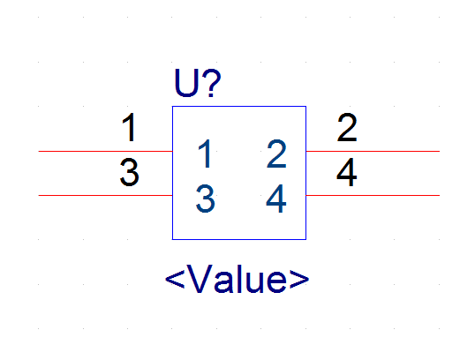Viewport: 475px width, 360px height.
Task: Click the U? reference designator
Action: tap(198, 83)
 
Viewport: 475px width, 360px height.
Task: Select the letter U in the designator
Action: tap(186, 83)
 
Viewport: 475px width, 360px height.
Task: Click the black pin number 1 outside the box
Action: tap(130, 127)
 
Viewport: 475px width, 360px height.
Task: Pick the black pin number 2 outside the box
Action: tap(347, 127)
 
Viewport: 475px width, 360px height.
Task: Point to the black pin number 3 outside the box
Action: tap(130, 172)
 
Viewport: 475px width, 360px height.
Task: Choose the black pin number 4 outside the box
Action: tap(347, 172)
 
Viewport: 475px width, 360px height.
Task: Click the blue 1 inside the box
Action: tap(205, 154)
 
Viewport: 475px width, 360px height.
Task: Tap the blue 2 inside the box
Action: tap(276, 154)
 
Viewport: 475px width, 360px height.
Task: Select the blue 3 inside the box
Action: tap(206, 199)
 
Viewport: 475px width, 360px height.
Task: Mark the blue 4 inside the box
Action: tap(276, 199)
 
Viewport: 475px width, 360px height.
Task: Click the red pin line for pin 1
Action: tap(105, 151)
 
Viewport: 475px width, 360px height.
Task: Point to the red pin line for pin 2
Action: tap(373, 151)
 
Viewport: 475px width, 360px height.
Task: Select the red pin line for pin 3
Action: tap(105, 196)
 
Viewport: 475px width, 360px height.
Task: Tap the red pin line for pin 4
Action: tap(373, 196)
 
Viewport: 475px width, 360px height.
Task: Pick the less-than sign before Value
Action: tap(175, 279)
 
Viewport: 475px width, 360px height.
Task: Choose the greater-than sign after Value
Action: tap(299, 279)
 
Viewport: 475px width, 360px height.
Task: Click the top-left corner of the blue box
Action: tap(173, 106)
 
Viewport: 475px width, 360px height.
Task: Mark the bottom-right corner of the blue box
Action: tap(306, 239)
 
